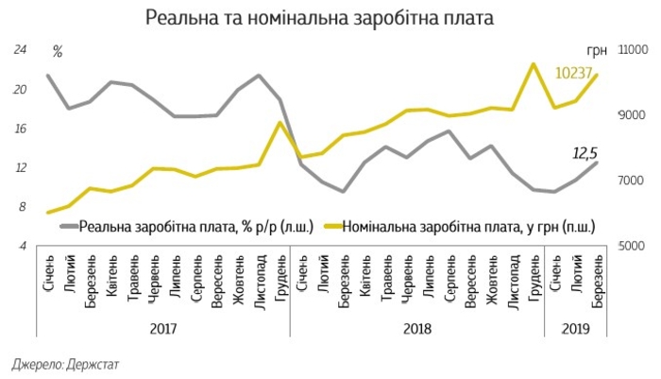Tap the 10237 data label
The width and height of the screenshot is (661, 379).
coord(573,73)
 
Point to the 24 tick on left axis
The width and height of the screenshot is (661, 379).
coord(18,51)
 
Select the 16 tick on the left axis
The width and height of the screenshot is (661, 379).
coord(18,129)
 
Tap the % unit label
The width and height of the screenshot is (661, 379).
coord(58,51)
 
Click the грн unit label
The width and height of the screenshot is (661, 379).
coord(596,52)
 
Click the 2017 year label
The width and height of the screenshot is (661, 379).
coord(162,328)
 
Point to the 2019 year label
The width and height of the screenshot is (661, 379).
coord(576,328)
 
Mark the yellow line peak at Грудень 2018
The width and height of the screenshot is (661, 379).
coord(534,64)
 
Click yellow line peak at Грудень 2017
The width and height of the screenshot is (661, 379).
coord(280,123)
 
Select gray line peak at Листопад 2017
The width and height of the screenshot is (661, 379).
coord(259,76)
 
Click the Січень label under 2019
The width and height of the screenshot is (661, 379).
coord(555,274)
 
